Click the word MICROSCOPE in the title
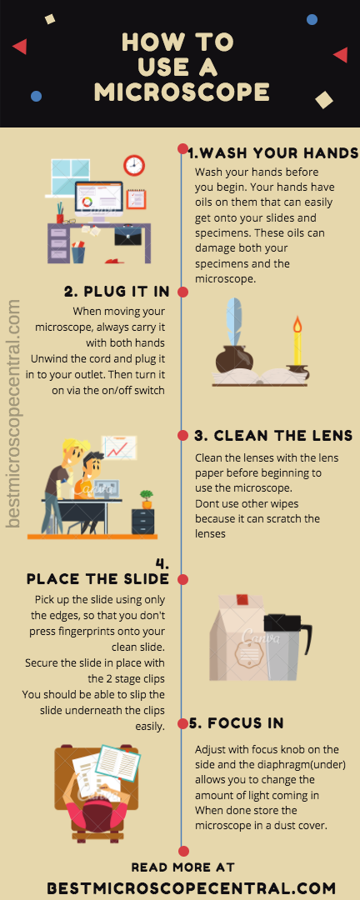click(182, 92)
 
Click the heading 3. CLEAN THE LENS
click(273, 436)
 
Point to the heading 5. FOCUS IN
click(237, 722)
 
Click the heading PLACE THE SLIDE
click(97, 578)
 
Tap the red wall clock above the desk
click(134, 165)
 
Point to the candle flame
click(297, 326)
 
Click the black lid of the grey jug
click(283, 622)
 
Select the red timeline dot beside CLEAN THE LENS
click(183, 436)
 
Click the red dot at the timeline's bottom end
click(183, 851)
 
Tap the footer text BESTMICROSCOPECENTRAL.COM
click(191, 888)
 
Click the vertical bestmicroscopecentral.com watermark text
click(14, 413)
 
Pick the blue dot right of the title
click(312, 20)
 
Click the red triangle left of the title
click(20, 46)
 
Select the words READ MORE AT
click(182, 867)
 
